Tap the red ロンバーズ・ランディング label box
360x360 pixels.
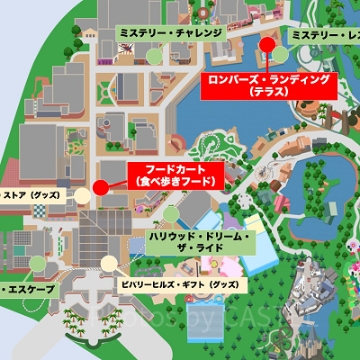tap(268, 85)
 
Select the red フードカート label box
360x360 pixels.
tap(175, 175)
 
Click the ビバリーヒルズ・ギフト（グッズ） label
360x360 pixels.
tap(180, 283)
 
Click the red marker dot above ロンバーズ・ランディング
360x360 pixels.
tap(267, 45)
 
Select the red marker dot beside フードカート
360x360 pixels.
tap(100, 186)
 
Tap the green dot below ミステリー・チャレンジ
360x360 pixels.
tap(154, 55)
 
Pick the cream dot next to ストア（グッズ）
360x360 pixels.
tap(82, 194)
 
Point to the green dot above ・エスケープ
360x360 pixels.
tap(36, 264)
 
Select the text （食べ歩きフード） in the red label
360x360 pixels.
tap(175, 181)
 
